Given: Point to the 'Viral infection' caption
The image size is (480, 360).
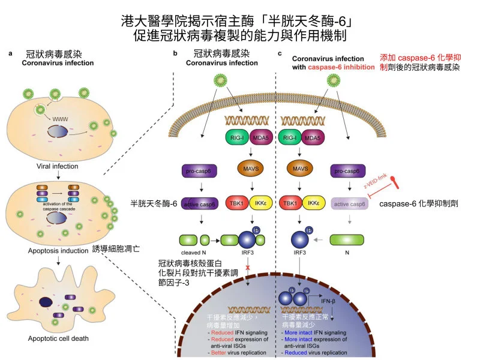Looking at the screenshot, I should click(x=58, y=166).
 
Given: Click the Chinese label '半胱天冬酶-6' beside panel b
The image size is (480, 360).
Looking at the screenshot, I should click(x=154, y=203).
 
